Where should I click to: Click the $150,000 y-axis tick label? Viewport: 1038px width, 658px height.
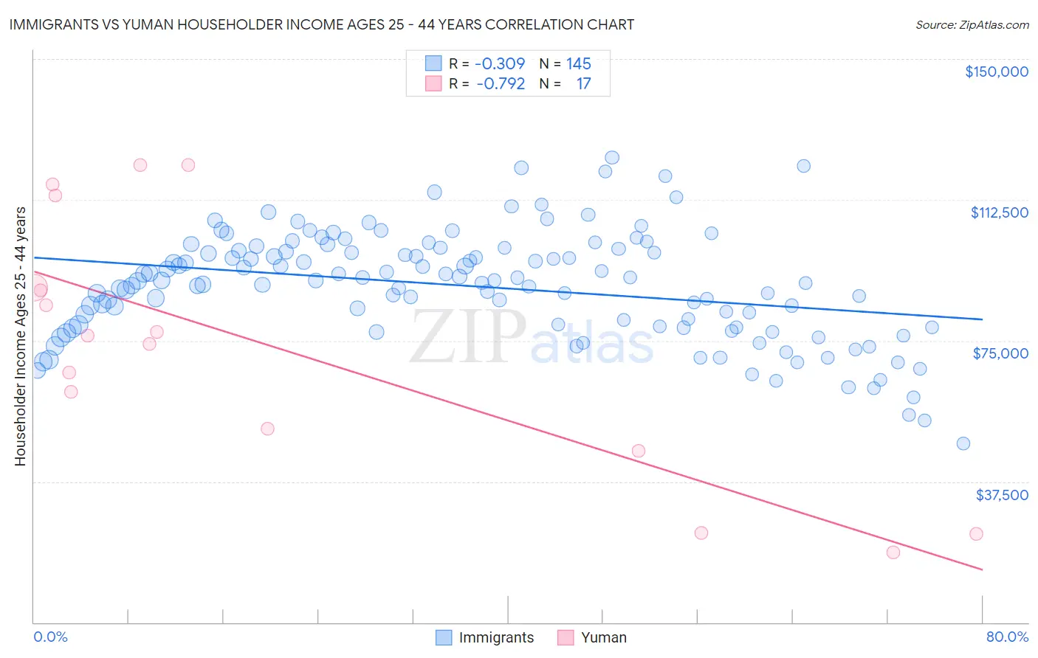pos(996,72)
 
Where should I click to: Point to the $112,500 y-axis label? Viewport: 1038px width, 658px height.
pos(999,212)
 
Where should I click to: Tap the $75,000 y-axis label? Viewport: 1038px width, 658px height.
pos(1000,353)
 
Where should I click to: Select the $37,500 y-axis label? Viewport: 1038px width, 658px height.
pos(1002,495)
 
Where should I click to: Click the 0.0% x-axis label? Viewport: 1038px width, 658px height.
pos(50,637)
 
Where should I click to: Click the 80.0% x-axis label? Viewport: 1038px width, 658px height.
pos(1007,637)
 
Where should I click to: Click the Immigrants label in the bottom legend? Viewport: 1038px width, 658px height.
pos(496,637)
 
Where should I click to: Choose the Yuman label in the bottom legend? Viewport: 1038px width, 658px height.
pos(603,637)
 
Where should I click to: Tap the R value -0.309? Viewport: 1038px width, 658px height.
pos(500,64)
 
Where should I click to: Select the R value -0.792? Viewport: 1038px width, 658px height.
pos(501,84)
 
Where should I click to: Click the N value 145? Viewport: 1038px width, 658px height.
pos(579,64)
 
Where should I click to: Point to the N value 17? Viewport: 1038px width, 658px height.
pos(583,84)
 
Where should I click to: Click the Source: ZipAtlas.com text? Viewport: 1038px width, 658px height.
pos(972,25)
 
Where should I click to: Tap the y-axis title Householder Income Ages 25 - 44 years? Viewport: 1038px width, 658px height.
pos(21,336)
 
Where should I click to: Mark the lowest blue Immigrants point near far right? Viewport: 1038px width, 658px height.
pos(963,443)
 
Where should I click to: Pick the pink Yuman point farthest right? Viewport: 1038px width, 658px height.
pos(976,534)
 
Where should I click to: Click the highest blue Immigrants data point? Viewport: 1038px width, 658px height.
pos(612,157)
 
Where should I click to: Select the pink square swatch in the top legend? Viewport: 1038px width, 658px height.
pos(433,83)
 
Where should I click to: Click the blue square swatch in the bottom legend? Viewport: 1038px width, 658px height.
pos(443,637)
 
